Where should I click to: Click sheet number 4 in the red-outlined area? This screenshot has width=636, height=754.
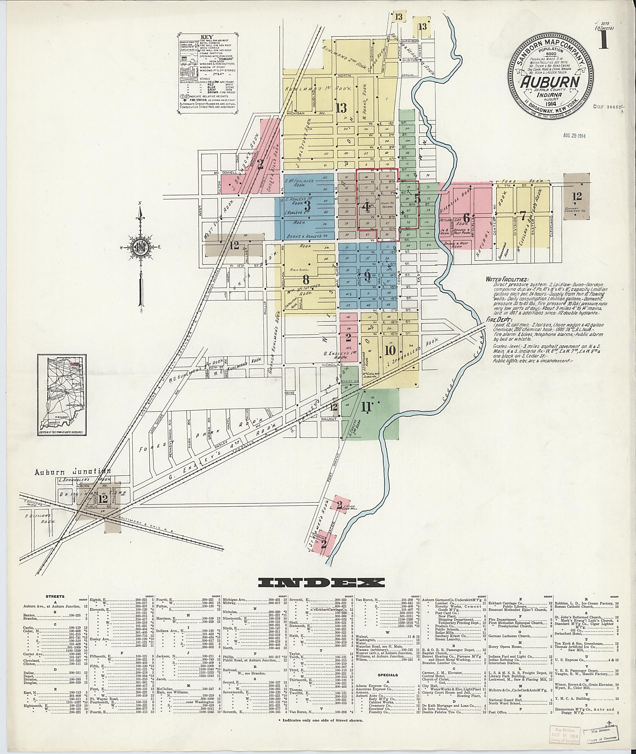[366, 206]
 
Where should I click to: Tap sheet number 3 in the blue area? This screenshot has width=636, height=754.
[307, 206]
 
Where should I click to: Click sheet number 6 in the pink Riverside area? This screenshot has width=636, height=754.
[466, 217]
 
